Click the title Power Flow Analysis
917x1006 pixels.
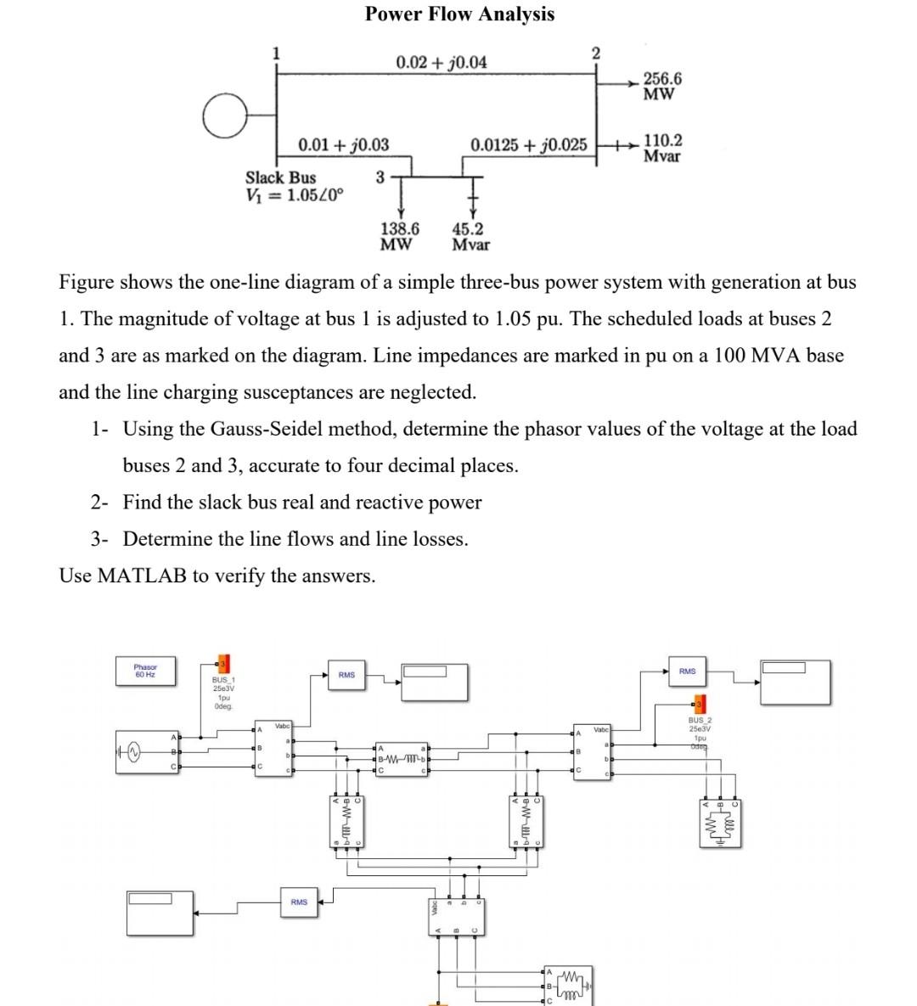[459, 14]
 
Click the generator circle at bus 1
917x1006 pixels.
[225, 116]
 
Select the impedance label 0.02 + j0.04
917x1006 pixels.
[442, 62]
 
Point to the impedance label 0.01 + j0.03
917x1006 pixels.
[343, 145]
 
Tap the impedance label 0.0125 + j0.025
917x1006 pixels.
[528, 145]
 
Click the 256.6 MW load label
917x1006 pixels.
[661, 86]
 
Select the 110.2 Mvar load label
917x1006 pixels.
[662, 148]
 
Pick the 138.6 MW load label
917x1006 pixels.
[399, 236]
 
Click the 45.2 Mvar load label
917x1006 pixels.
[470, 236]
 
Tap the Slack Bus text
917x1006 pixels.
[280, 177]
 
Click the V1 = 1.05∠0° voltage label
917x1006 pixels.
[295, 194]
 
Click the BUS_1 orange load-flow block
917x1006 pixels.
[222, 664]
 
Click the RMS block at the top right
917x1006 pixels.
[687, 672]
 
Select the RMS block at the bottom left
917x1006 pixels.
[299, 902]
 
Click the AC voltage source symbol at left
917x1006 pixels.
[132, 753]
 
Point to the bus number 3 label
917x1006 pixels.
[380, 177]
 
